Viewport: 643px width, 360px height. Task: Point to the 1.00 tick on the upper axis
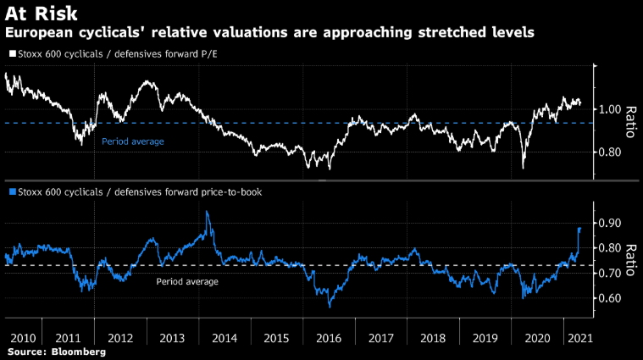point(613,109)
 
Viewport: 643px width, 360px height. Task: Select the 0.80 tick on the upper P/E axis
point(613,152)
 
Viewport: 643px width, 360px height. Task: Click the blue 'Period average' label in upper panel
point(132,141)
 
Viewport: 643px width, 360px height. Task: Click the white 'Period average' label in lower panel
point(187,281)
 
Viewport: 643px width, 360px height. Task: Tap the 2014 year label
point(224,336)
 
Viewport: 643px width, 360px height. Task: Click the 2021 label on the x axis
point(579,336)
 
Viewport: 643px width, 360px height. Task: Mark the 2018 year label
point(432,336)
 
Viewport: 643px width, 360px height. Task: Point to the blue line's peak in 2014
point(208,212)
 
